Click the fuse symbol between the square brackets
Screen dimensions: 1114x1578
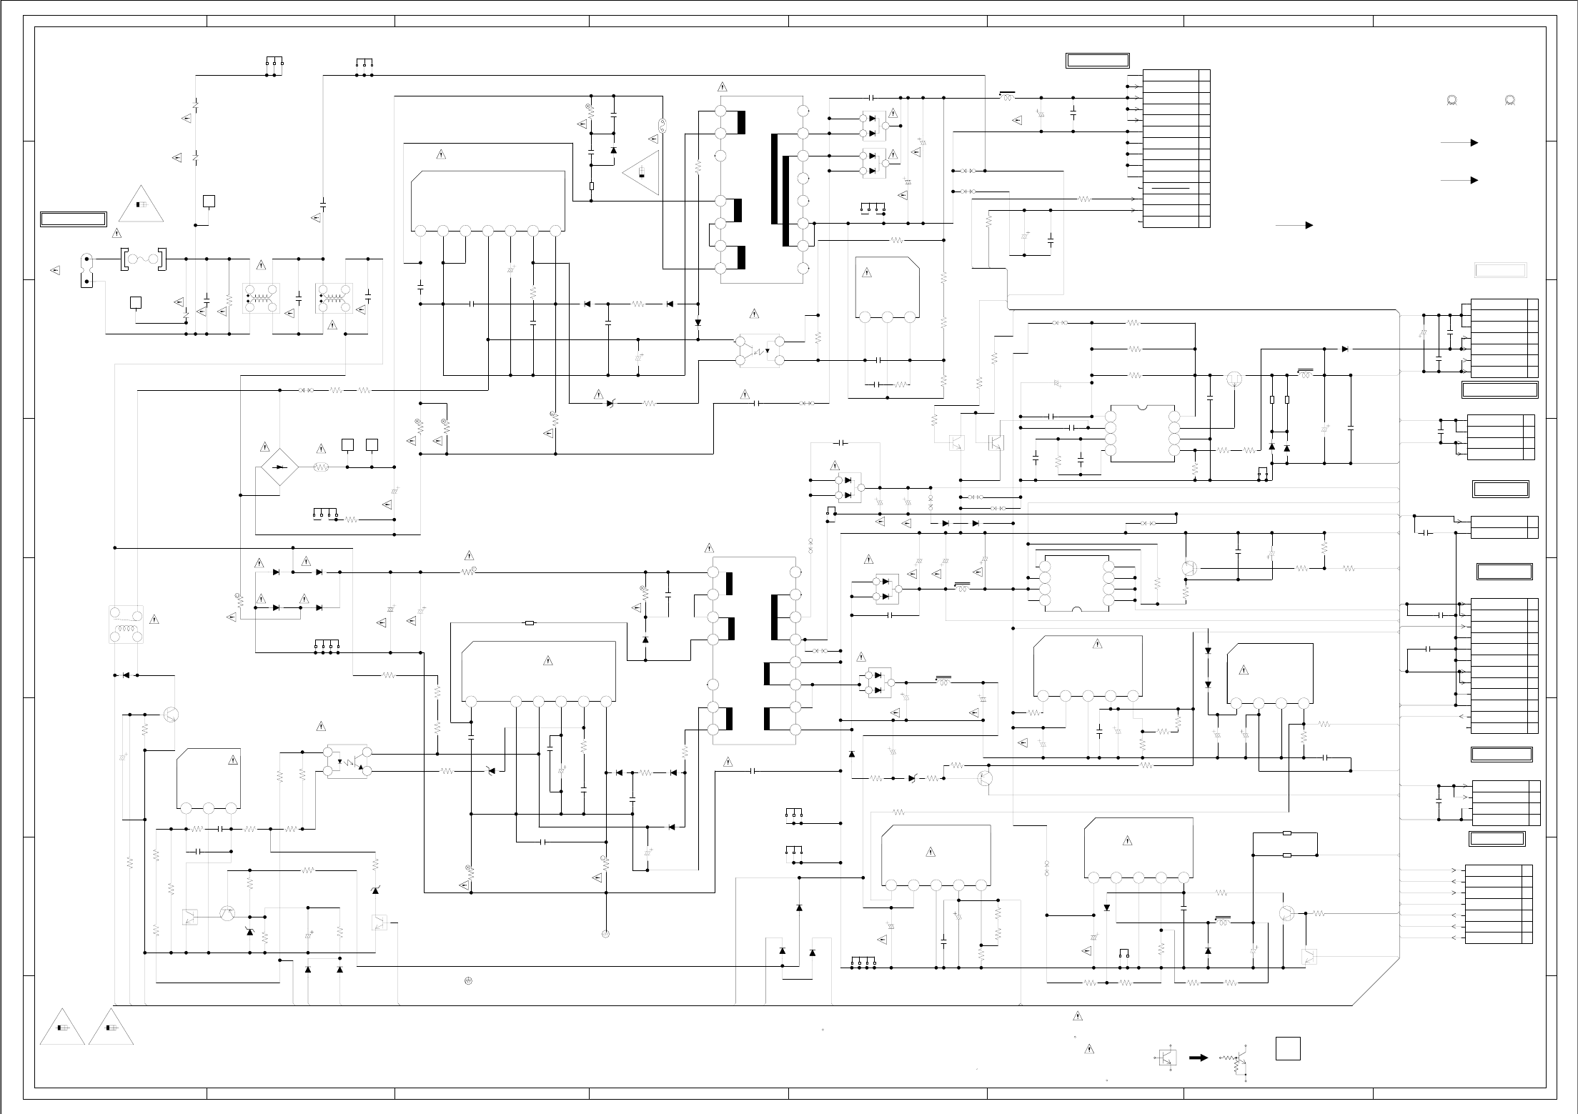(x=143, y=259)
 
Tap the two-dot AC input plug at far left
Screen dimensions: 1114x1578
(x=87, y=269)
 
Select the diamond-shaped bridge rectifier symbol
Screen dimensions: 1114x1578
(x=279, y=467)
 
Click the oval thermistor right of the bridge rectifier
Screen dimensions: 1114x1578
(x=322, y=467)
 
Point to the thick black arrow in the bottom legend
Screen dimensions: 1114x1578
(x=1199, y=1057)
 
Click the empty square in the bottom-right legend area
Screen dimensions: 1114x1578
(x=1287, y=1048)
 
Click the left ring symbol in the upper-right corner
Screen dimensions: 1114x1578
(x=1451, y=101)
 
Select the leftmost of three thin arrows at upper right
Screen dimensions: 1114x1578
(x=1294, y=225)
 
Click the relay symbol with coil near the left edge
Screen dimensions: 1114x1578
(x=126, y=624)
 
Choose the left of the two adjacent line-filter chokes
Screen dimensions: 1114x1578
(x=262, y=299)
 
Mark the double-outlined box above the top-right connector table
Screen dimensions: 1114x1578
(x=1098, y=60)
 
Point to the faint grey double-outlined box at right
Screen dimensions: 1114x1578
(x=1501, y=270)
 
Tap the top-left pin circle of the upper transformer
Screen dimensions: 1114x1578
(x=720, y=111)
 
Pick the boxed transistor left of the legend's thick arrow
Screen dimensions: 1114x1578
(x=1167, y=1057)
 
